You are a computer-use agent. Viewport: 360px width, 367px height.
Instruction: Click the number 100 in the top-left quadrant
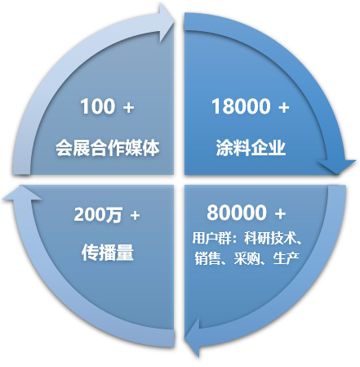pos(97,106)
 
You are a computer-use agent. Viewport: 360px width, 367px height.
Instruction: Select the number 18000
pos(241,106)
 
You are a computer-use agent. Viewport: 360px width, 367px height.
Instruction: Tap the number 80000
pos(237,213)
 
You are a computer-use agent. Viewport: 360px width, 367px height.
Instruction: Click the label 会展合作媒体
pos(108,148)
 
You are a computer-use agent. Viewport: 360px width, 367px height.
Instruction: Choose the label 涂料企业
pos(251,148)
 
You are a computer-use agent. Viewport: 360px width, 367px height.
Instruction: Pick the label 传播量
pos(108,252)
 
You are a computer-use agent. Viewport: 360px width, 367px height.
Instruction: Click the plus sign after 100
pos(128,107)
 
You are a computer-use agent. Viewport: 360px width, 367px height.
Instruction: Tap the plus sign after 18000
pos(283,107)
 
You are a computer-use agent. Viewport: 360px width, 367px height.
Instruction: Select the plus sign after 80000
pos(280,214)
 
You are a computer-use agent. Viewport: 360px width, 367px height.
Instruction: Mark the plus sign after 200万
pos(135,216)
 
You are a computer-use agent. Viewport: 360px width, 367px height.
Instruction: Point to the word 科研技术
pos(270,238)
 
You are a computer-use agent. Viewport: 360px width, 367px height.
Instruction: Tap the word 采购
pos(247,258)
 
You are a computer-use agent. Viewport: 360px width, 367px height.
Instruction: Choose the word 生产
pos(287,258)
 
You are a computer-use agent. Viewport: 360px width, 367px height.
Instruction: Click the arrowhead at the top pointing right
pos(167,23)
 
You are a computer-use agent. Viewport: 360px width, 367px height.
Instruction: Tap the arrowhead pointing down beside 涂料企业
pos(337,167)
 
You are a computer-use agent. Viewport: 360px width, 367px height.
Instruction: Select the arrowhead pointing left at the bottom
pos(193,338)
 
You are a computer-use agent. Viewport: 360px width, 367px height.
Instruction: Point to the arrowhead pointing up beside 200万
pos(22,193)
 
